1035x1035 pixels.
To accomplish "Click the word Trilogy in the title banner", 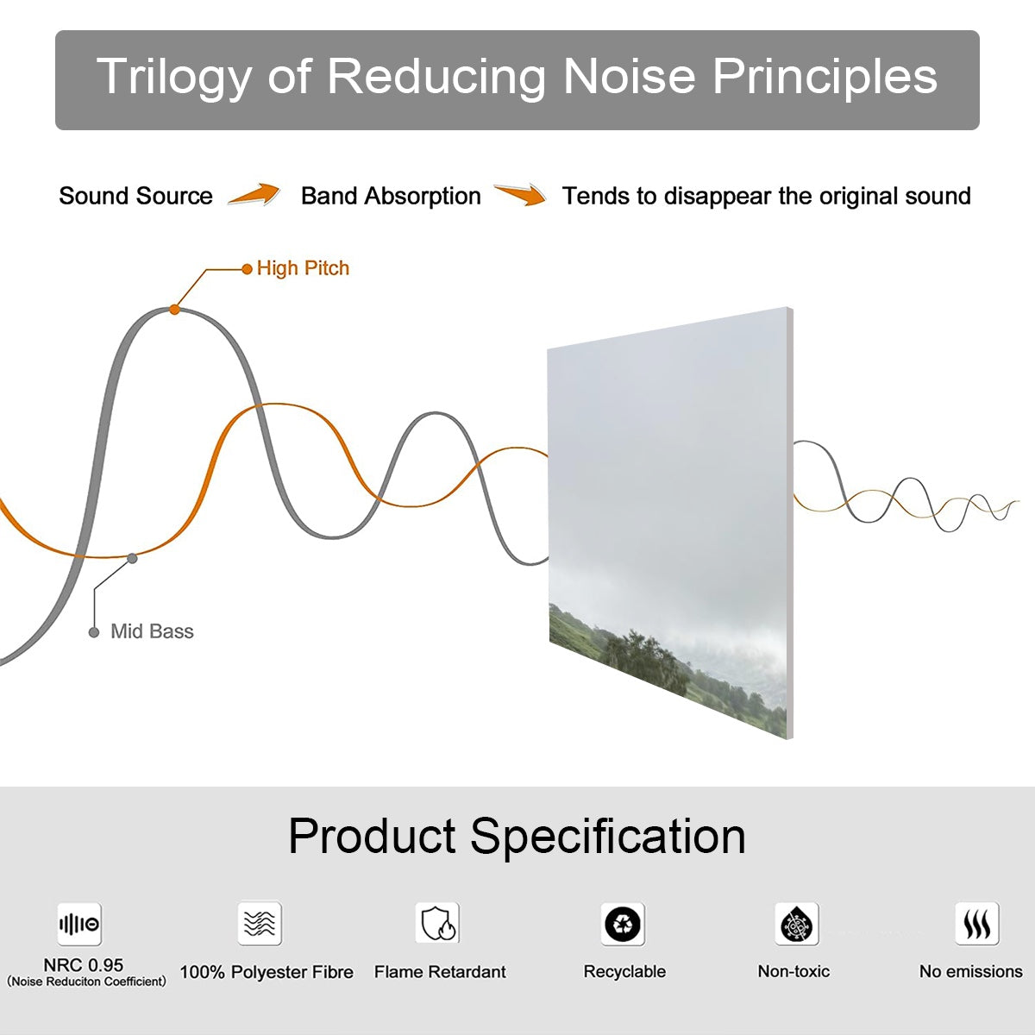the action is click(x=174, y=78).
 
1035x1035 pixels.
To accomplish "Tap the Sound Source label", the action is click(x=136, y=196).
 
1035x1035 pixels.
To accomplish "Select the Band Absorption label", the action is click(x=391, y=196).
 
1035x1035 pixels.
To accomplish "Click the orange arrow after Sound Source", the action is click(x=254, y=194).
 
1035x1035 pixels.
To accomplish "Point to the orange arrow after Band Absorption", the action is click(x=520, y=194).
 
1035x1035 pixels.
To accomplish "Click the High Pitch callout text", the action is click(x=303, y=268).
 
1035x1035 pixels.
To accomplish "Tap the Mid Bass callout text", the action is click(x=152, y=631).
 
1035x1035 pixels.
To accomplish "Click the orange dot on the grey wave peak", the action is click(x=174, y=310).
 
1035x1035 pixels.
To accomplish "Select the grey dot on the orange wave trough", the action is click(x=132, y=559).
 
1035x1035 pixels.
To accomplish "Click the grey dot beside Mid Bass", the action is click(x=94, y=632).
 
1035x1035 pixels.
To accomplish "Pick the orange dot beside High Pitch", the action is click(x=247, y=269).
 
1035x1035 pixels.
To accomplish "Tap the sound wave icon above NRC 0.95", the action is click(x=79, y=925).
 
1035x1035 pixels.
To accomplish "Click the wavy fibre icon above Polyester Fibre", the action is click(x=260, y=924).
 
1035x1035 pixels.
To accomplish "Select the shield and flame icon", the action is click(x=438, y=923).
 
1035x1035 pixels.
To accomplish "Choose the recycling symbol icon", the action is click(x=623, y=925).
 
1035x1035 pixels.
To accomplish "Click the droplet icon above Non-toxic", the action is click(x=797, y=925).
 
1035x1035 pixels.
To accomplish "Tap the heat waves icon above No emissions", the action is click(x=977, y=924).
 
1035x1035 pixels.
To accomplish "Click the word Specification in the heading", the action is click(x=608, y=837).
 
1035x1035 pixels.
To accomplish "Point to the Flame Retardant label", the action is click(x=440, y=972).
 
